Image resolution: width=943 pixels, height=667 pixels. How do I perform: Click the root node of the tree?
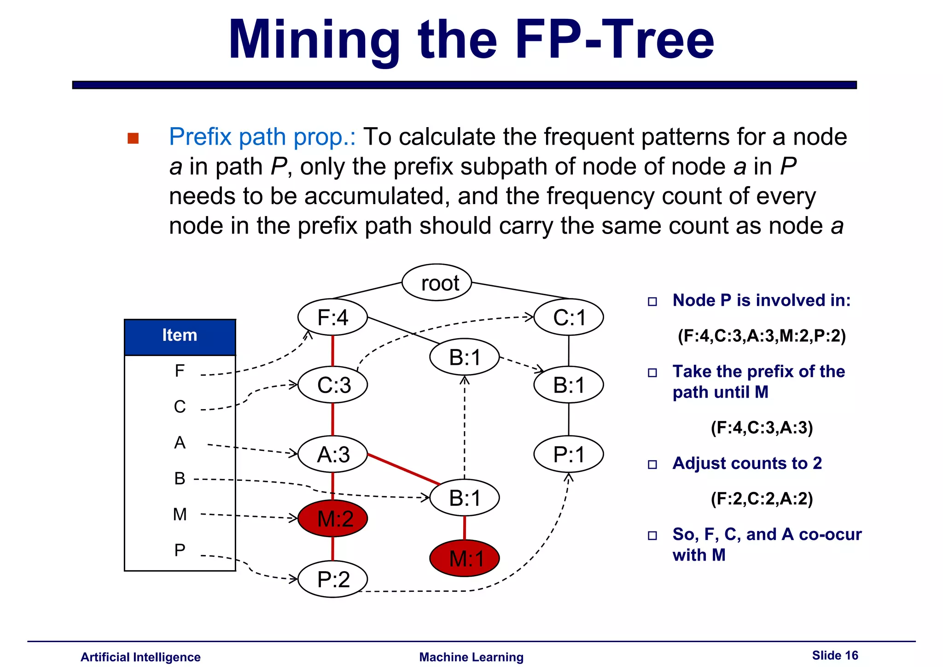[437, 282]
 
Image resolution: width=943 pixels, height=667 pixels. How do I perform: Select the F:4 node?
[332, 317]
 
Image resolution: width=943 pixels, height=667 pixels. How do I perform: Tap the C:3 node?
[332, 385]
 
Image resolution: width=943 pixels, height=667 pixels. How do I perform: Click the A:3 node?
[332, 454]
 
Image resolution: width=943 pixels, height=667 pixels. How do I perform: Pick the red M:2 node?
[332, 519]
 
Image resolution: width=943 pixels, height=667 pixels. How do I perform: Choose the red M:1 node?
[464, 558]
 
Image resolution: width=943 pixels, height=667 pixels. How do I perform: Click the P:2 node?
[332, 579]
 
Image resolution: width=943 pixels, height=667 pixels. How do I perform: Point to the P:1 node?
[568, 454]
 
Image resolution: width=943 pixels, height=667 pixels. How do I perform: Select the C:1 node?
[568, 317]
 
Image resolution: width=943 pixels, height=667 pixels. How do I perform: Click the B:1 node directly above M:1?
[464, 497]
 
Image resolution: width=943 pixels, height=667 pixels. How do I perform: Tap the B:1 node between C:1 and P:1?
[568, 385]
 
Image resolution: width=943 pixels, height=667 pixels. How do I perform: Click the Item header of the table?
[180, 335]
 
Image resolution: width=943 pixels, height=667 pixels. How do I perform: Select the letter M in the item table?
[180, 514]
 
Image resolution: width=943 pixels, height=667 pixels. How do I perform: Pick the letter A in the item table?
[180, 443]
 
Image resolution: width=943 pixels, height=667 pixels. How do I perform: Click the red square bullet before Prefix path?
[133, 138]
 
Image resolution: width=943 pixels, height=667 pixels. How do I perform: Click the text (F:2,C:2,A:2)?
[762, 498]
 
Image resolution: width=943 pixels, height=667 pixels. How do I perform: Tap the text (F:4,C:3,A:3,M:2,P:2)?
[762, 336]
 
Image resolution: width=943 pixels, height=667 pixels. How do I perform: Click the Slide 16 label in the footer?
[835, 655]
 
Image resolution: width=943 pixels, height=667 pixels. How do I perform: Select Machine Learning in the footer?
[471, 657]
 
